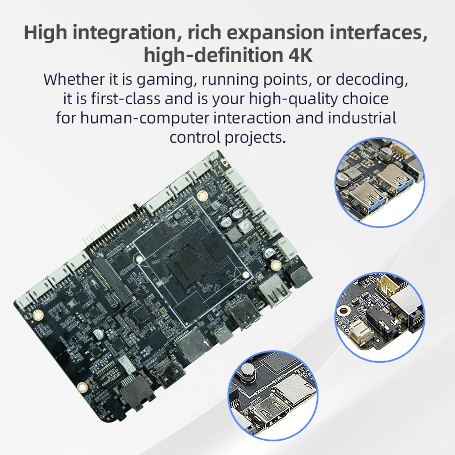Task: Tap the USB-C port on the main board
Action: (x=222, y=336)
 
